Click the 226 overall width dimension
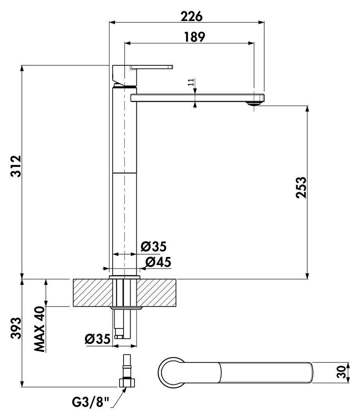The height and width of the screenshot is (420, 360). (192, 16)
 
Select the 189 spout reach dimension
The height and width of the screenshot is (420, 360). (194, 37)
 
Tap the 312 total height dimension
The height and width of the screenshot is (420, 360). (15, 167)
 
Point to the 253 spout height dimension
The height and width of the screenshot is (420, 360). (301, 187)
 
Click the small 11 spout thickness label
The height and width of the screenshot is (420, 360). (191, 82)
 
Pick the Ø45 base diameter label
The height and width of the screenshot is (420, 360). (158, 262)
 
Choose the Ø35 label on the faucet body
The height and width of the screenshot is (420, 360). (154, 247)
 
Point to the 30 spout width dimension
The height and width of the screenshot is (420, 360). (341, 372)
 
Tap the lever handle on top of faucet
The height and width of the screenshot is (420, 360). (152, 67)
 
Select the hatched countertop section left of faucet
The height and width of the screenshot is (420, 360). (92, 292)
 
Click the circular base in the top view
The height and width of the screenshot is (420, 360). (171, 372)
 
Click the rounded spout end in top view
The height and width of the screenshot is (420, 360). (309, 372)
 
